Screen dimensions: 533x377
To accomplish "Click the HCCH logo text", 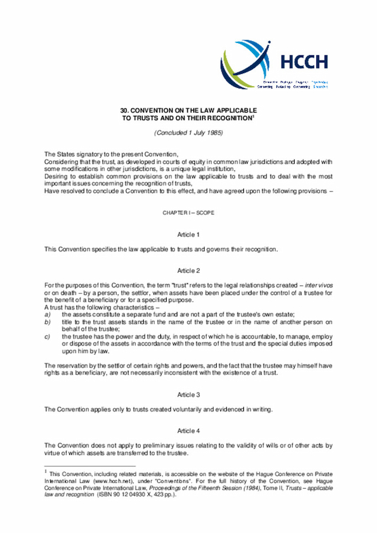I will tap(304, 61).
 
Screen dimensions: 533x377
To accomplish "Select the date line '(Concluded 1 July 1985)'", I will tap(188, 133).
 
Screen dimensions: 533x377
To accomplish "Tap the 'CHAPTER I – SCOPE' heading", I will tap(188, 212).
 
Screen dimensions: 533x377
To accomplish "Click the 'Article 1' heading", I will tap(188, 234).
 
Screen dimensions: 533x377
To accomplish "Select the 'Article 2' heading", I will tap(188, 271).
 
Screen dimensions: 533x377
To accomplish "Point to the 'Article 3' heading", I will tap(188, 395).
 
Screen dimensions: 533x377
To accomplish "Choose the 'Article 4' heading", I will tap(188, 431).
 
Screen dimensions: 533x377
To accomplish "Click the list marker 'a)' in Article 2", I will tap(48, 315).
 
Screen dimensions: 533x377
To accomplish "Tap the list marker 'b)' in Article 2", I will tap(48, 322).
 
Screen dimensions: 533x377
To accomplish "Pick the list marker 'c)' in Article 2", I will tap(48, 336).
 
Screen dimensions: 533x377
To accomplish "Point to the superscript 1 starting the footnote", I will tap(46, 471).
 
